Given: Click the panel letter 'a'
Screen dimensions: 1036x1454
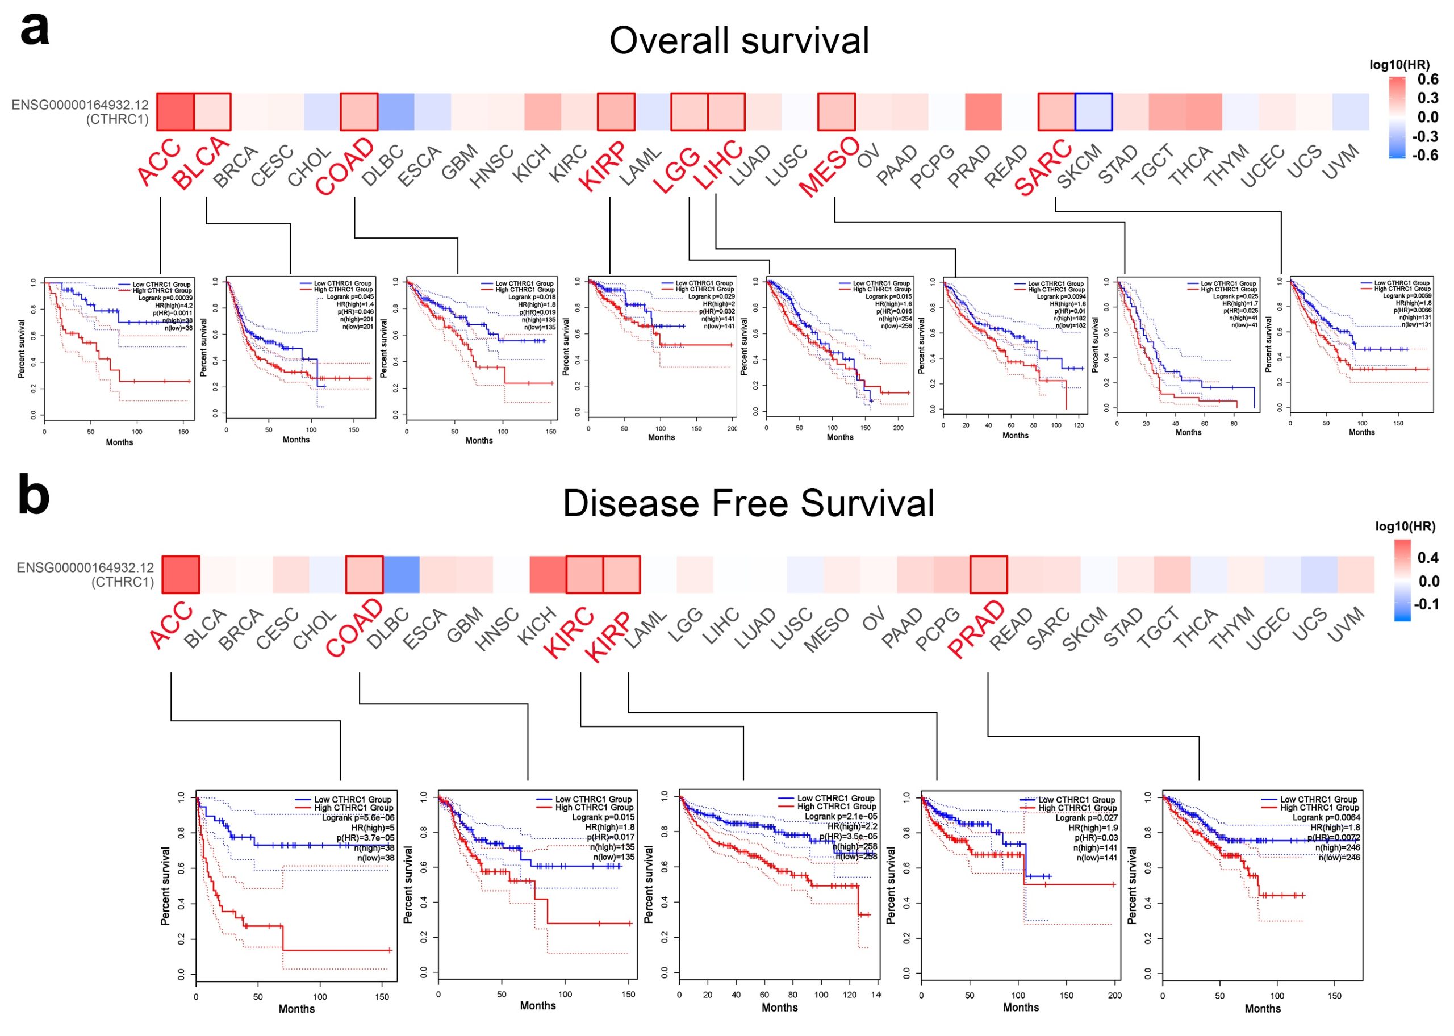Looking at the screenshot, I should tap(35, 30).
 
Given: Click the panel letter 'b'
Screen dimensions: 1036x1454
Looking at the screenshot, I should tap(34, 496).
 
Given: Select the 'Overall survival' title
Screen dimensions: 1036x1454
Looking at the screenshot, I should tap(738, 40).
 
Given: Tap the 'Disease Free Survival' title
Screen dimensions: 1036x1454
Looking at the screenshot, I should tap(747, 503).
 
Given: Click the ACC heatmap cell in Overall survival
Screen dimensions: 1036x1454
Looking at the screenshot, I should tap(176, 112).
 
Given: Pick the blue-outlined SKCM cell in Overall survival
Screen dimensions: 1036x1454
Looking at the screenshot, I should tap(1093, 112).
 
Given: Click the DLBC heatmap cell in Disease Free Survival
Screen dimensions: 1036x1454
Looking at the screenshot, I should tap(401, 574).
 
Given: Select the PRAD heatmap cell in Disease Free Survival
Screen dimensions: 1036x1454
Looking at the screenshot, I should tap(988, 574).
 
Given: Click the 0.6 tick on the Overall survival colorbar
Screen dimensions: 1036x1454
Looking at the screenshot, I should tap(1427, 79).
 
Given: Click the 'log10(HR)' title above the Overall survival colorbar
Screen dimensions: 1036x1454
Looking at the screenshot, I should tap(1399, 64).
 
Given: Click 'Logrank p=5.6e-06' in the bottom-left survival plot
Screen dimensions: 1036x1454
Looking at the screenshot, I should tap(357, 817).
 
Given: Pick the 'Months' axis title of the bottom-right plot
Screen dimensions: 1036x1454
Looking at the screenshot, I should tap(1262, 1009).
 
